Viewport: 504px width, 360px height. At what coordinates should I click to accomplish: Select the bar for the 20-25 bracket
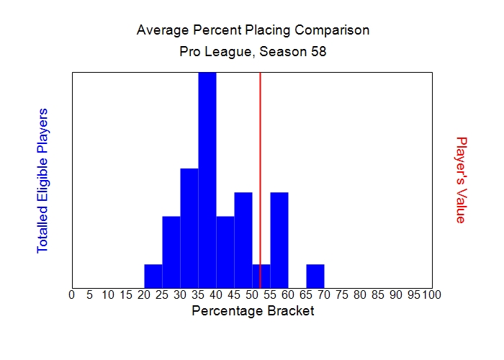point(153,275)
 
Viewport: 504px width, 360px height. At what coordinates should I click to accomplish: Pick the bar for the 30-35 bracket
point(189,227)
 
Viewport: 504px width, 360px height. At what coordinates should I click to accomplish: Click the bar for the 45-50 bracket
point(243,239)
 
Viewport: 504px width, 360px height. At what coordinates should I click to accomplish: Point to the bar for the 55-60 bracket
point(279,239)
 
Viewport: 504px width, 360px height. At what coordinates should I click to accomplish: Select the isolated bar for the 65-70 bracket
point(315,275)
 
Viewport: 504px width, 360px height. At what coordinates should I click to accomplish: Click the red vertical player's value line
point(260,144)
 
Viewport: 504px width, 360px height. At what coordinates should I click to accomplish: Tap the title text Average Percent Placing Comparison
point(253,31)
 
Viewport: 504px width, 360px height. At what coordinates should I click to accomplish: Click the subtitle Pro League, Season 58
point(253,53)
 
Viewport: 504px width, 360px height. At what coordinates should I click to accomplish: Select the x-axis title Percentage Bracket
point(253,311)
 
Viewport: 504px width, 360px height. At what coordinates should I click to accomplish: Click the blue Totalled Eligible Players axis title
point(42,180)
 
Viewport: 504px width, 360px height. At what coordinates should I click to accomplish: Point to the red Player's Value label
point(462,180)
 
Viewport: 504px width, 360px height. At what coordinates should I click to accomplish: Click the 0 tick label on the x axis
point(72,294)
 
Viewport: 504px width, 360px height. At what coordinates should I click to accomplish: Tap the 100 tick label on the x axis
point(431,294)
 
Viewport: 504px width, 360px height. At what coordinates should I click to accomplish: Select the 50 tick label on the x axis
point(252,294)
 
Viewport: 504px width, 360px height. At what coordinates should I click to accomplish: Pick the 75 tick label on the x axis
point(342,294)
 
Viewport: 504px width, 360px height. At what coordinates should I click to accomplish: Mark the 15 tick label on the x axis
point(126,294)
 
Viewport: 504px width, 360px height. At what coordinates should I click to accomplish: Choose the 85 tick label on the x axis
point(378,294)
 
